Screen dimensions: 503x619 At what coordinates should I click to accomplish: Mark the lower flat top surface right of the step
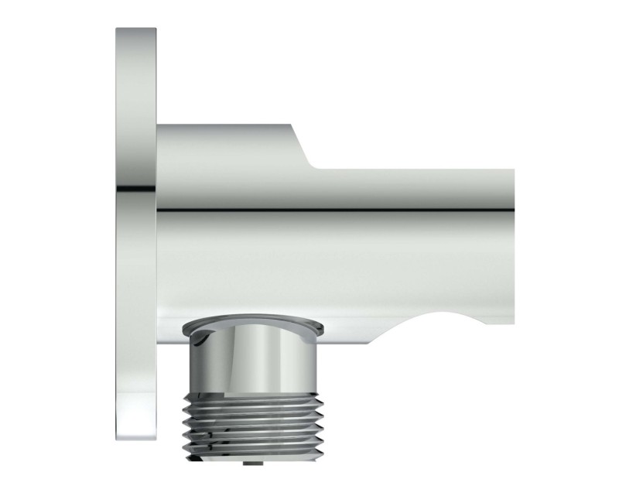point(418,168)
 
